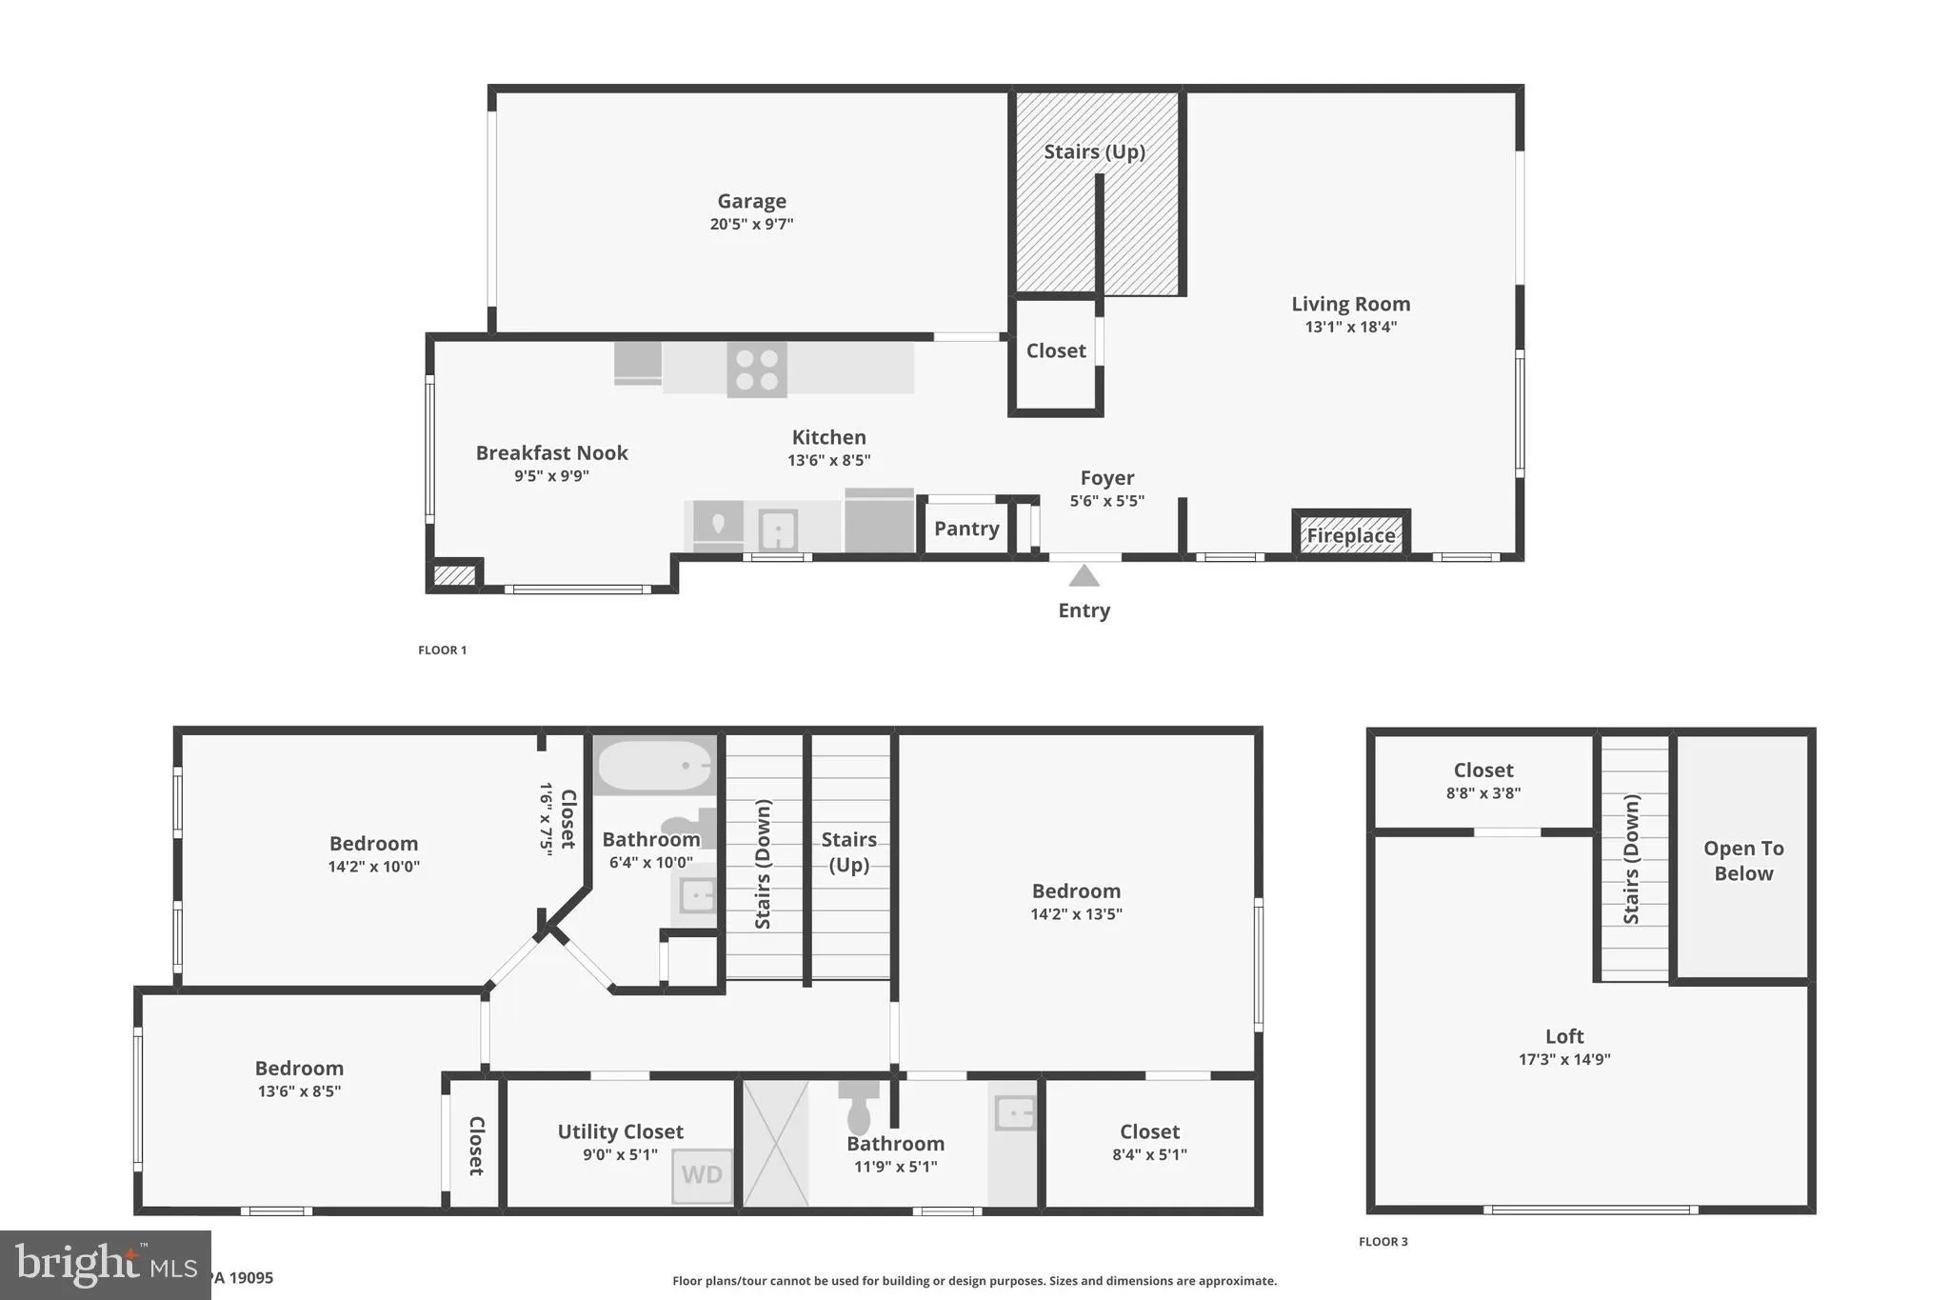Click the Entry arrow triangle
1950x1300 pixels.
pos(1084,576)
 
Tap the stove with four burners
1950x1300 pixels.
pos(757,370)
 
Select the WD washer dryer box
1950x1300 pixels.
pos(702,1175)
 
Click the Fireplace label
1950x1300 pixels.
pos(1350,535)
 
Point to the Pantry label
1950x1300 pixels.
pos(966,529)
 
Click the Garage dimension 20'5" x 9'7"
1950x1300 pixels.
pos(751,224)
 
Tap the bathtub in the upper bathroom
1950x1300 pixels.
pos(654,766)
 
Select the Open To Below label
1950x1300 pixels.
pos(1743,860)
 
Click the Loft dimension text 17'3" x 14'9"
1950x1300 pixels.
pos(1564,1059)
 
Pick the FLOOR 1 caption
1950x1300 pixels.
pos(443,650)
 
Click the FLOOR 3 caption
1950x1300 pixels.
pos(1383,1241)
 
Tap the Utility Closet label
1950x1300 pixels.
pos(620,1131)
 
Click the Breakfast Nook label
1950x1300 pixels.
pos(551,453)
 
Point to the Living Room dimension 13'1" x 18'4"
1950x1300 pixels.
pos(1350,327)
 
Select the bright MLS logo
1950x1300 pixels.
pos(105,1265)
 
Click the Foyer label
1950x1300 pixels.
pos(1106,478)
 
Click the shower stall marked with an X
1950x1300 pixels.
pos(775,1143)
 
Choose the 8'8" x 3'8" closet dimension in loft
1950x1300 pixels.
pos(1482,793)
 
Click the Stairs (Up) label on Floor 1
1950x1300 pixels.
pos(1094,151)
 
